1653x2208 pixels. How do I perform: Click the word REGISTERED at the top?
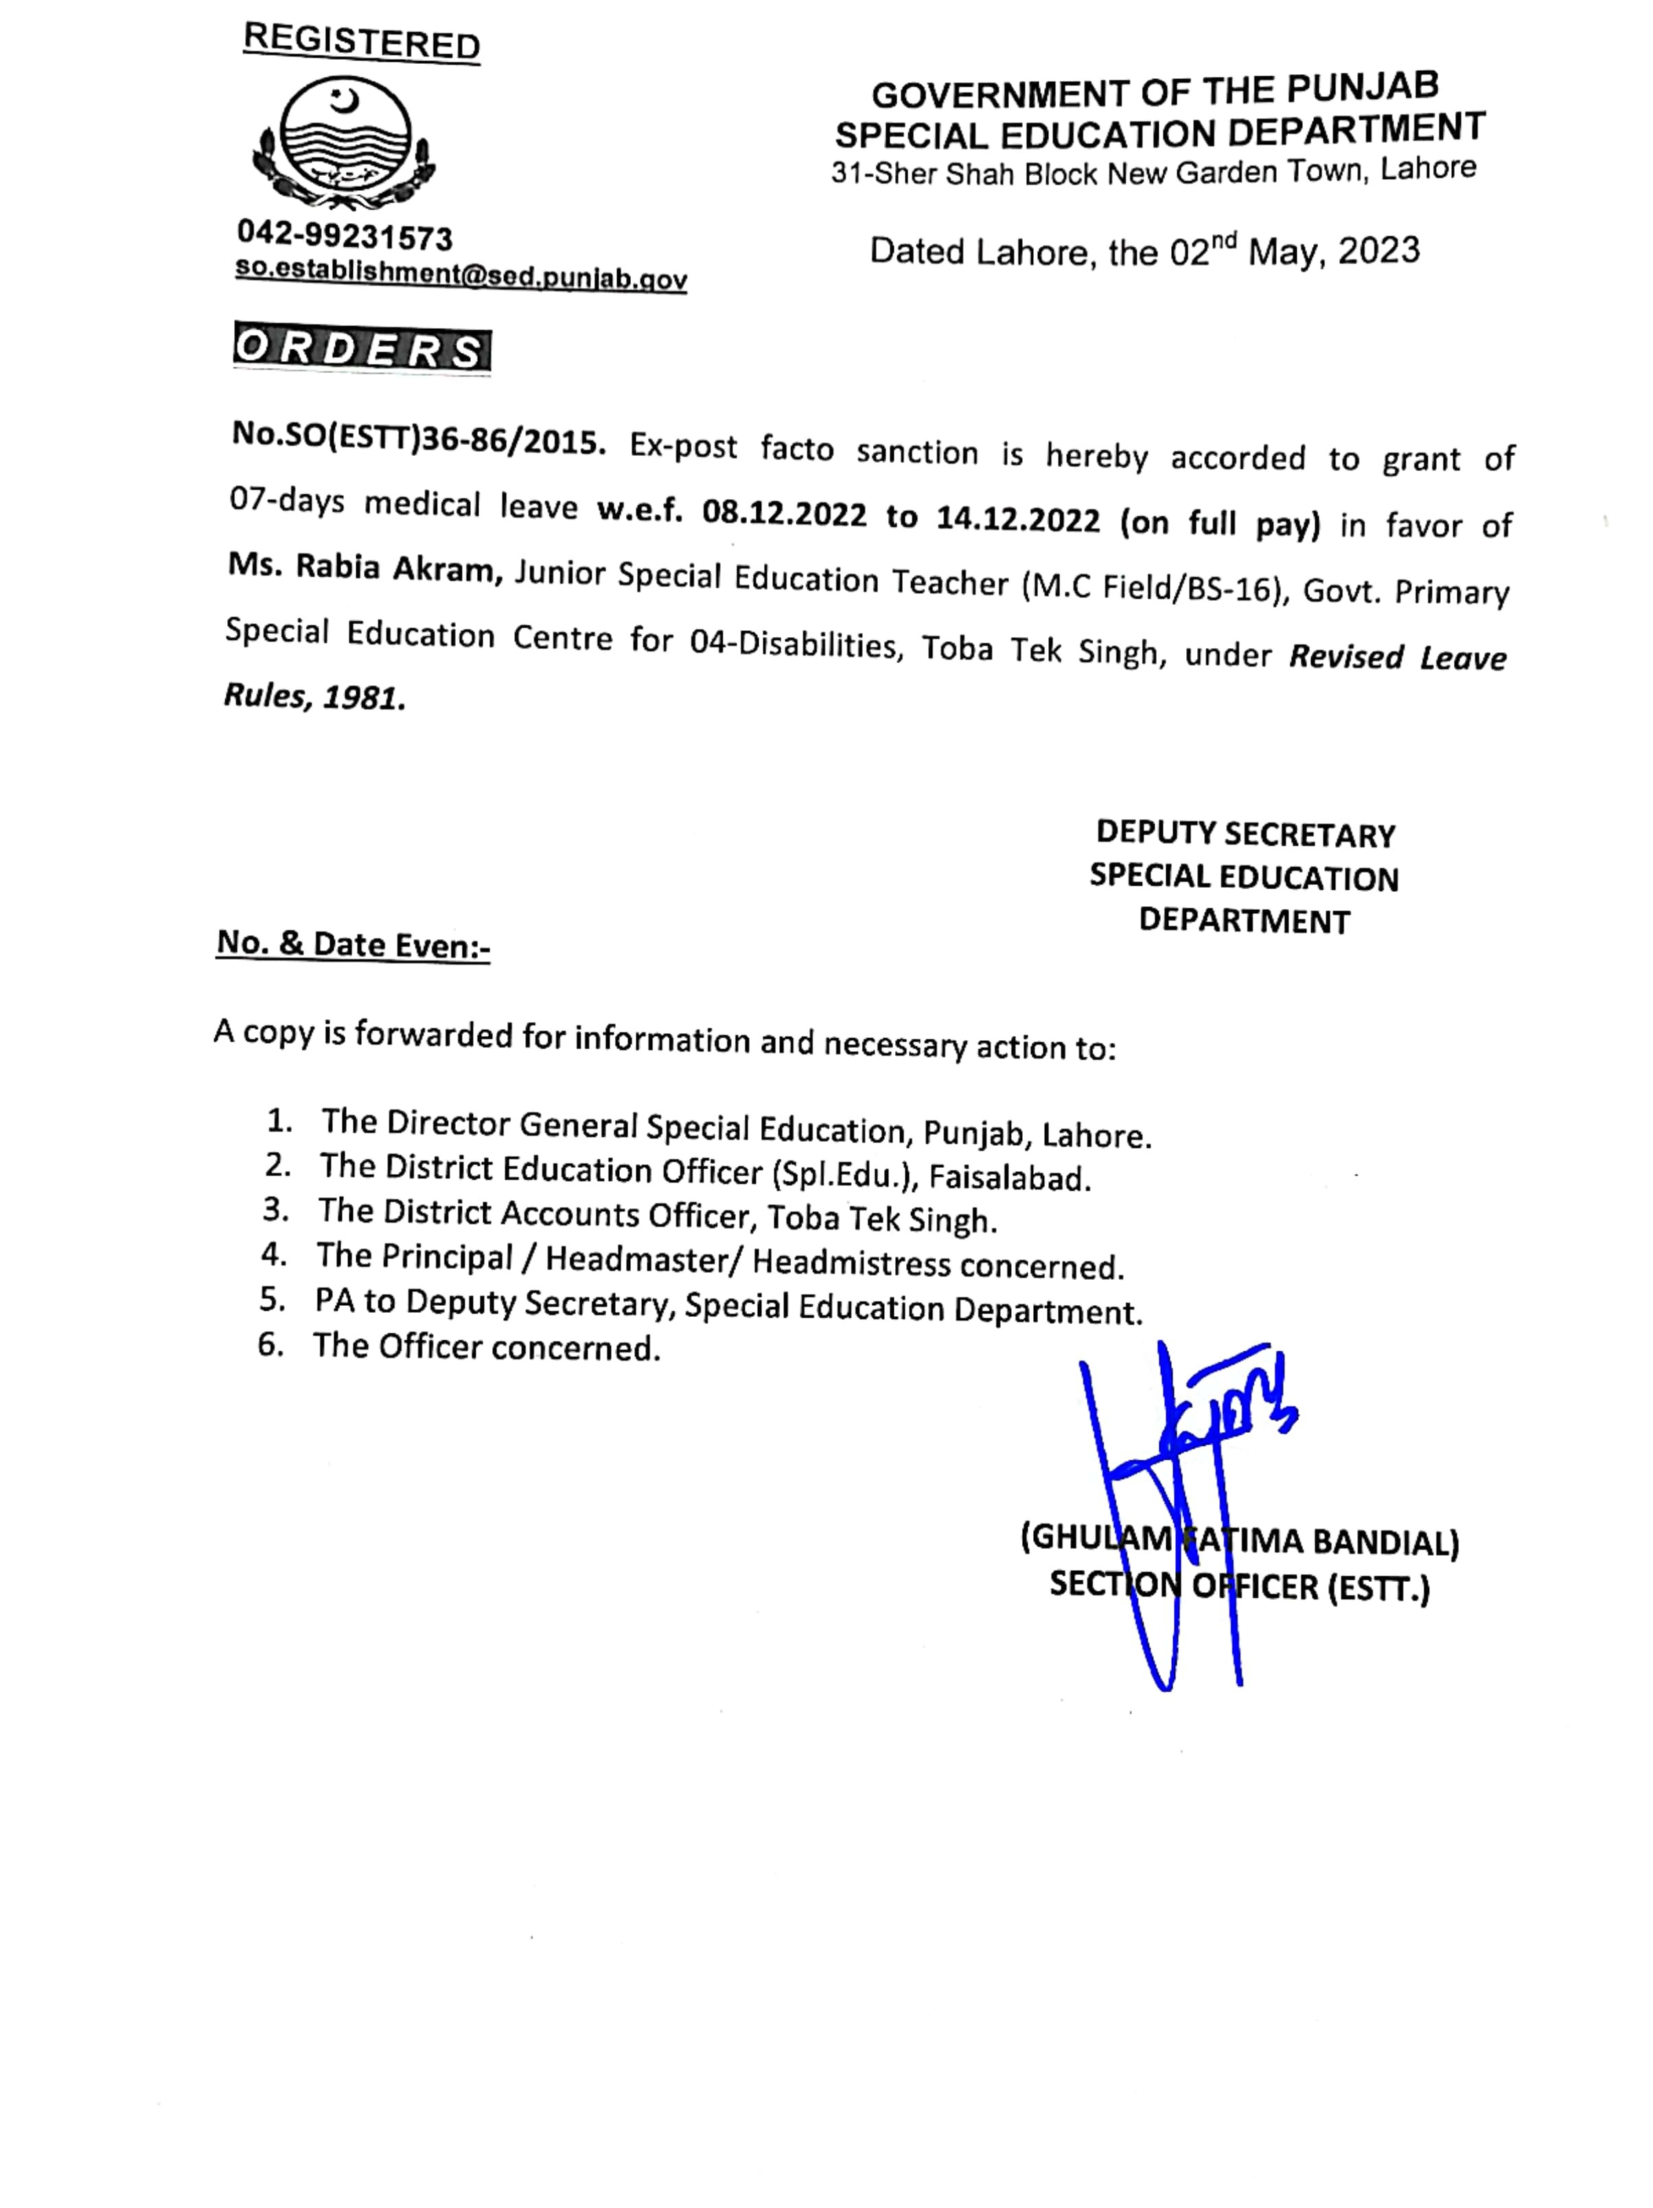(x=361, y=42)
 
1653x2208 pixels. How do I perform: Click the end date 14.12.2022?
(x=1017, y=520)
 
